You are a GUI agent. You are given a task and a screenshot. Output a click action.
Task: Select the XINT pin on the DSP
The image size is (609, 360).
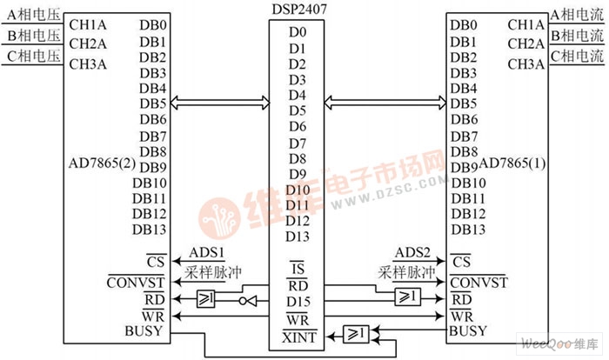(x=298, y=334)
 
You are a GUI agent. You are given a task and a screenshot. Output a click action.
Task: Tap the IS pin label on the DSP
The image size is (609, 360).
(x=298, y=268)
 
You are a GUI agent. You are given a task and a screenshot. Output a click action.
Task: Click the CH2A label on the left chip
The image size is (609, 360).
(x=87, y=43)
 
